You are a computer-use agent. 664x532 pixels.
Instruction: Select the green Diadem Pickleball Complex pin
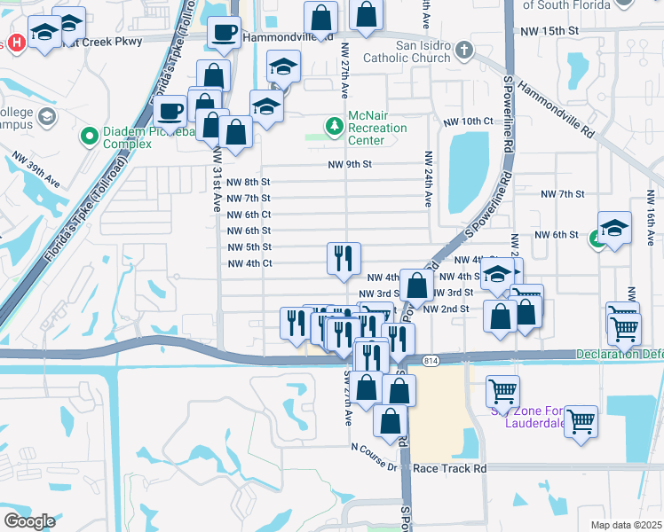[x=89, y=137]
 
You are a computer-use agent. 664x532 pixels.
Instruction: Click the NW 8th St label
[x=249, y=182]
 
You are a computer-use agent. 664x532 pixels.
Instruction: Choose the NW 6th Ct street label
[x=249, y=215]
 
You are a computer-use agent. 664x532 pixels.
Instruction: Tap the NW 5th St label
[x=249, y=247]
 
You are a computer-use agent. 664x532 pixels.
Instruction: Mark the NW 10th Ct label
[x=488, y=121]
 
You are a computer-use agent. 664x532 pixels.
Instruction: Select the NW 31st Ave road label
[x=217, y=178]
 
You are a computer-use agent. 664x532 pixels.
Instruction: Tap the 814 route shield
[x=431, y=360]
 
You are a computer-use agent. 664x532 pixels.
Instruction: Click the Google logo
[x=28, y=520]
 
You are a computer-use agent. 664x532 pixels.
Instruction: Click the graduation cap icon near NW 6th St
[x=614, y=228]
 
